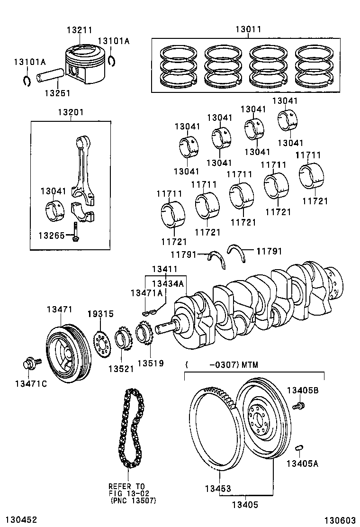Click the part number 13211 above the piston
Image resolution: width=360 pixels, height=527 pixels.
point(79,30)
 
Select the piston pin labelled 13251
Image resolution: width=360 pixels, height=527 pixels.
point(50,76)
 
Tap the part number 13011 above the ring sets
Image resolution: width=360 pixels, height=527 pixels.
point(248,29)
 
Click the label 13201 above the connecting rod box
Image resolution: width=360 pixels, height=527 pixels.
point(71,112)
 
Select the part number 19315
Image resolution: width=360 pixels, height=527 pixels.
point(101,314)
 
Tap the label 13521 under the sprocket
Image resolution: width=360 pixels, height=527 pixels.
point(121,369)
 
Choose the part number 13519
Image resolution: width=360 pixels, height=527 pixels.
point(151,363)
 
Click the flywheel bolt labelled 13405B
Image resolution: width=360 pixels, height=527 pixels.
point(298,406)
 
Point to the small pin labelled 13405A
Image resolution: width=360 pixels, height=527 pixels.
point(299,447)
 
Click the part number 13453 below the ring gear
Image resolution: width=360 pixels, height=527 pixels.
point(218,488)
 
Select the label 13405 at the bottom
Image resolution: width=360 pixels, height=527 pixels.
point(245,504)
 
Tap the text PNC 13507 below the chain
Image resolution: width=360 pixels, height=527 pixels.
point(133,501)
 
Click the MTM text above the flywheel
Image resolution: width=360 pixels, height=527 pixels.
point(250,364)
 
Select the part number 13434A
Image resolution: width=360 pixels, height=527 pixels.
point(168,284)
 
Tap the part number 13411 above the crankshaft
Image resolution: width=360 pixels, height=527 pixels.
point(164,269)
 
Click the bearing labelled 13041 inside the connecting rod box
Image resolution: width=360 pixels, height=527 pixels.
point(55,211)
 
